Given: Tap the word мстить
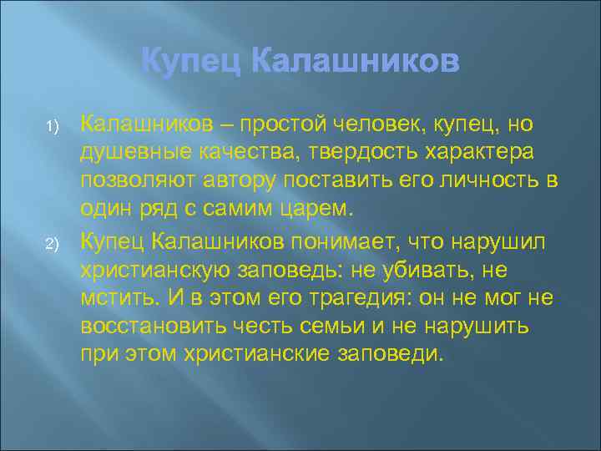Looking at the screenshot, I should click(x=116, y=298).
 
